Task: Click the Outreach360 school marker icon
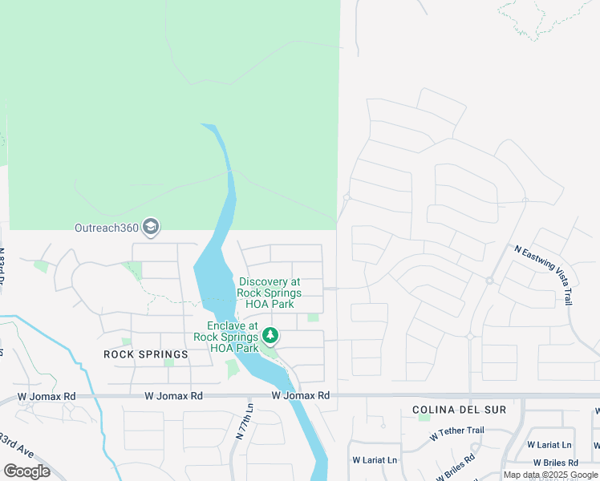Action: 150,228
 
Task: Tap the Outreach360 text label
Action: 107,228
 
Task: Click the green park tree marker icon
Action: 271,334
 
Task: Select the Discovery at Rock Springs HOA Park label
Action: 269,293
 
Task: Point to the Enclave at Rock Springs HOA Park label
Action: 233,337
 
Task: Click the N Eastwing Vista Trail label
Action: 545,274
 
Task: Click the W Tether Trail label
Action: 456,432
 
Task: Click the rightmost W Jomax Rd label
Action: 301,395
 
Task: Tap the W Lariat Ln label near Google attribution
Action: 549,444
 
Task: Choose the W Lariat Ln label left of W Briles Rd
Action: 375,460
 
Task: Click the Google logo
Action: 26,471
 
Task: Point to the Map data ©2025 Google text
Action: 550,475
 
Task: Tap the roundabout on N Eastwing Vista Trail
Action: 489,281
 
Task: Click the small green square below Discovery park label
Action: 313,317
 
